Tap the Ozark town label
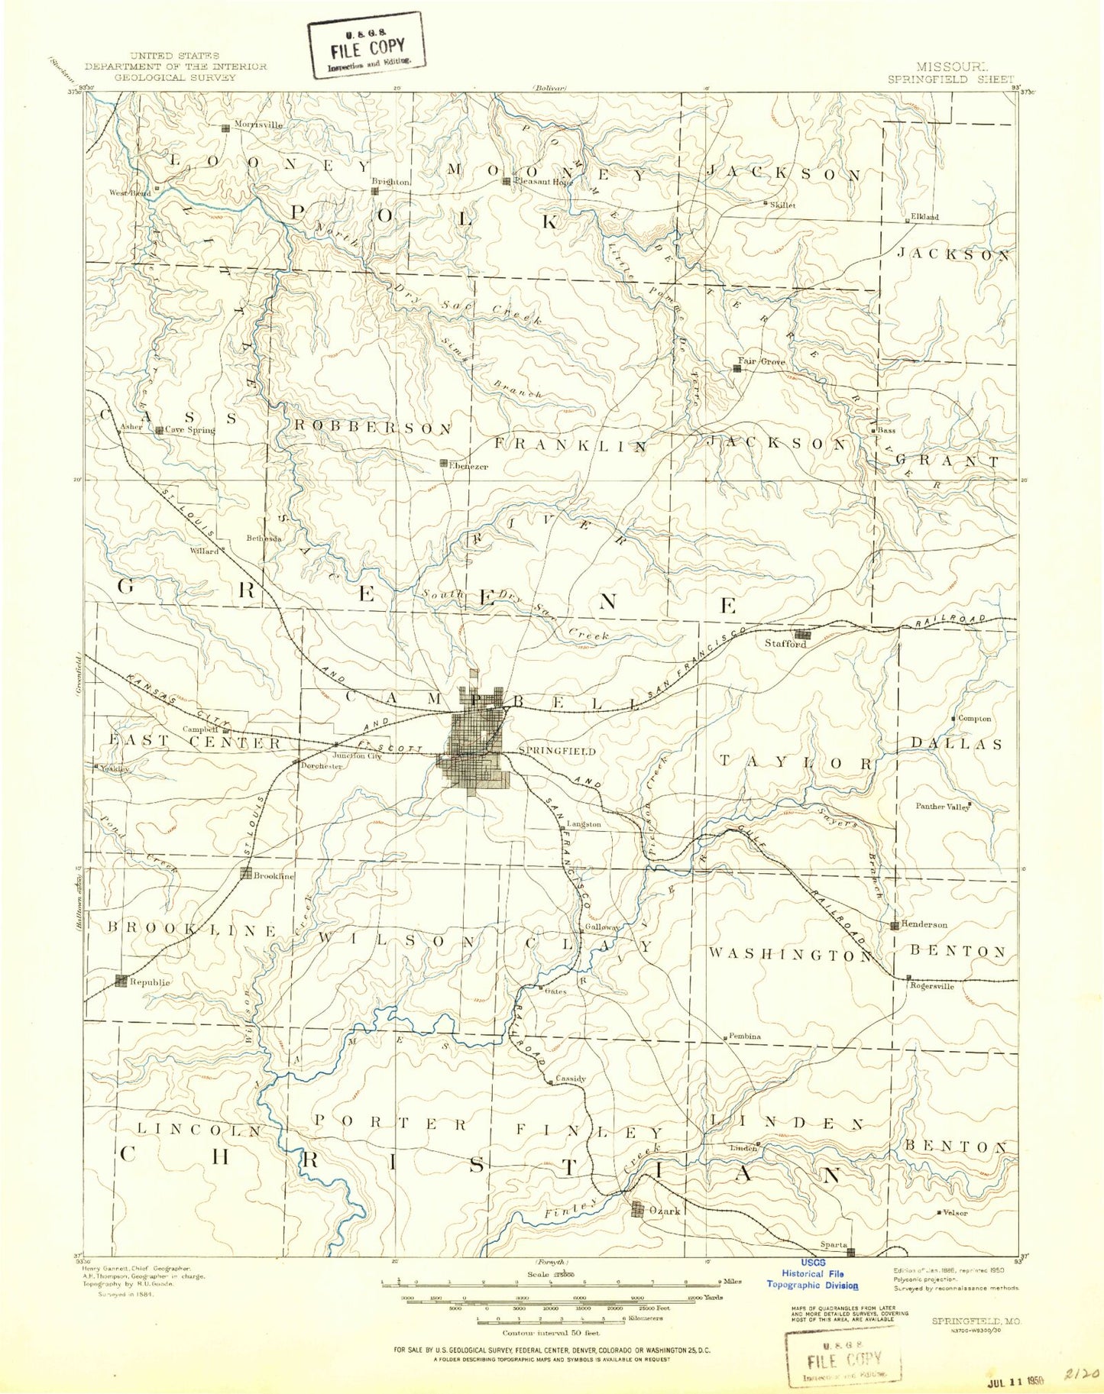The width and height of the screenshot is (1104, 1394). (665, 1211)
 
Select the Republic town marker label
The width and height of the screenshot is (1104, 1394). (150, 982)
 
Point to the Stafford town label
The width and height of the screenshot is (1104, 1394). (785, 644)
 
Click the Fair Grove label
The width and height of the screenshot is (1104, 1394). (761, 361)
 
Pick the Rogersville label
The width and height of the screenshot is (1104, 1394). (932, 986)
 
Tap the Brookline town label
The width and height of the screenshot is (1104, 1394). (274, 876)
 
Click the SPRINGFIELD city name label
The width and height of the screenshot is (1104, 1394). (556, 751)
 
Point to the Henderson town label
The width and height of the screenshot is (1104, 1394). (924, 924)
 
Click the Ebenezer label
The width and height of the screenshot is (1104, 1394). (468, 466)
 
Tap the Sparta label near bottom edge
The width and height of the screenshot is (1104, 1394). (833, 1244)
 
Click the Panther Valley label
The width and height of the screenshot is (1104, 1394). (942, 807)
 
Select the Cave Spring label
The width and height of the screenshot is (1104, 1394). (190, 430)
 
